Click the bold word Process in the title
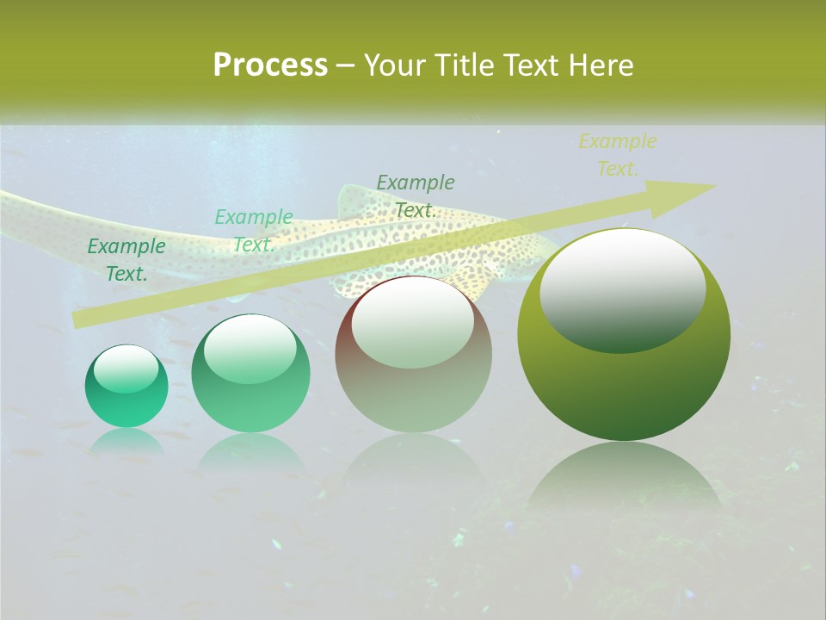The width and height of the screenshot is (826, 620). click(x=270, y=65)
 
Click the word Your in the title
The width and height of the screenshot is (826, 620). click(x=393, y=65)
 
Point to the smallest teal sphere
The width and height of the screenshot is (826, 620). click(x=126, y=387)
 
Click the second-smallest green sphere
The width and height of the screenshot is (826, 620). click(x=250, y=374)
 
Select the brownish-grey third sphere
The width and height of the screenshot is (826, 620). click(x=413, y=355)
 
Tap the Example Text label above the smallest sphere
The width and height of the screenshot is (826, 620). click(x=126, y=260)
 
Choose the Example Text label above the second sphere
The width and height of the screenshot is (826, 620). click(x=254, y=231)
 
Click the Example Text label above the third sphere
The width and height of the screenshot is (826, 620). click(x=416, y=195)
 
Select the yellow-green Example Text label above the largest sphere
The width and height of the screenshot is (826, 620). click(x=618, y=155)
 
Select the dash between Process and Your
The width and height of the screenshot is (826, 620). click(x=346, y=65)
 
